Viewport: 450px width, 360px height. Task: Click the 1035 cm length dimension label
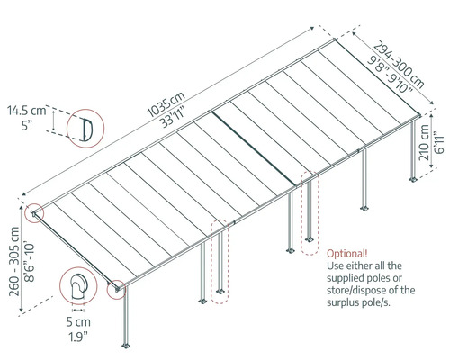166,103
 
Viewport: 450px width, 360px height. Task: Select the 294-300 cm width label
399,65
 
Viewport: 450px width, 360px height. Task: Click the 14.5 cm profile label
27,111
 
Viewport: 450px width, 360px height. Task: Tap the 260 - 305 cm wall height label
14,261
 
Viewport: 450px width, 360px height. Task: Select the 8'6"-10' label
30,261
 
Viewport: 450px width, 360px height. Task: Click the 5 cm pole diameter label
78,322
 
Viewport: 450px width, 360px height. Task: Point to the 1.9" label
78,337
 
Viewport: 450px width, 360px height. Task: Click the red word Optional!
347,254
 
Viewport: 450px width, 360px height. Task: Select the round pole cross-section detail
78,287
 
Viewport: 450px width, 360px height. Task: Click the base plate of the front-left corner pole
126,346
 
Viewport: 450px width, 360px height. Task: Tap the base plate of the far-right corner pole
413,179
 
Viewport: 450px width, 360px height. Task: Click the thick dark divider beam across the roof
253,148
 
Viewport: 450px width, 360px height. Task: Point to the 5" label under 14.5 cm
27,125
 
